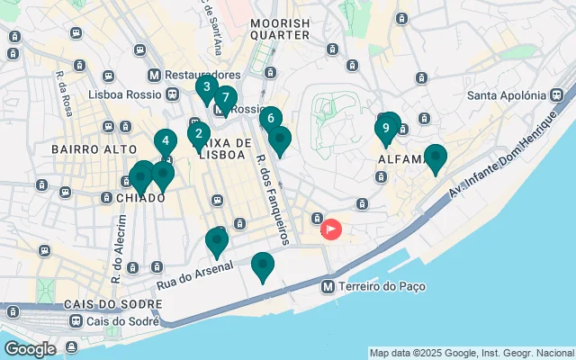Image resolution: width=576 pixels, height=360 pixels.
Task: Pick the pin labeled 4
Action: (x=165, y=141)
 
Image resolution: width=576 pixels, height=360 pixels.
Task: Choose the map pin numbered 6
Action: (x=270, y=118)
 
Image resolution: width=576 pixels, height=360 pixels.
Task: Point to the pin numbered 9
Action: (x=386, y=129)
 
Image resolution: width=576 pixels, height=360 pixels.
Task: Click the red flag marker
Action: (x=331, y=229)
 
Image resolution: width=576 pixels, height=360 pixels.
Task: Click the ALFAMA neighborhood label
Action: (x=400, y=160)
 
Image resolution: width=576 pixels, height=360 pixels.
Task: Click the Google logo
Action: (x=30, y=349)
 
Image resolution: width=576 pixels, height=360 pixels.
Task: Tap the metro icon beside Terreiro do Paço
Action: (x=329, y=286)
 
